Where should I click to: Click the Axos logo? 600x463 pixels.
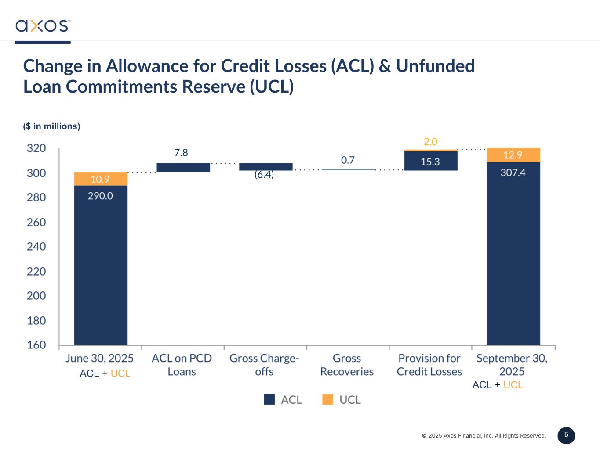coord(42,25)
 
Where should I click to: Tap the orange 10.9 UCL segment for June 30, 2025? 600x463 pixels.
coord(101,179)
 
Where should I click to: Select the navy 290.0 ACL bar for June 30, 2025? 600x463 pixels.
coord(101,263)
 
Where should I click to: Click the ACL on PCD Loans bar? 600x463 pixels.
coord(183,167)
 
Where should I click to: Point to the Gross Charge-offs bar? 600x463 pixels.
coord(265,166)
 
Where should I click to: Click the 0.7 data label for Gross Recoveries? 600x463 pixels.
coord(348,160)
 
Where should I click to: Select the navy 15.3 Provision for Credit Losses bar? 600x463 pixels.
coord(431,161)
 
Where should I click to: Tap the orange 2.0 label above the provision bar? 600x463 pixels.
coord(430,142)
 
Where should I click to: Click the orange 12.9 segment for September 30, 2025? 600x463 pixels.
coord(513,155)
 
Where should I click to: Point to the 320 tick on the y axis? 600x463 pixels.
coord(36,148)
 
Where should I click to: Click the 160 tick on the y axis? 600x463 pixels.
coord(36,345)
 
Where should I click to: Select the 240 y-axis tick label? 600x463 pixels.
coord(36,247)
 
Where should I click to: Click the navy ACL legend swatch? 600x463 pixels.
coord(269,399)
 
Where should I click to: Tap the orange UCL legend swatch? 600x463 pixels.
coord(327,399)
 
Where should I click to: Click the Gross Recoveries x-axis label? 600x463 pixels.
coord(347,365)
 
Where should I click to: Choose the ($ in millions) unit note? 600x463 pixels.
coord(51,126)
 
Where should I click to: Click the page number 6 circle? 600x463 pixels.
coord(566,435)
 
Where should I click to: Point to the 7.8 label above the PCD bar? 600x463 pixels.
coord(181,153)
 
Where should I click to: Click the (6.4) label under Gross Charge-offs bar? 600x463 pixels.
coord(264,175)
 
